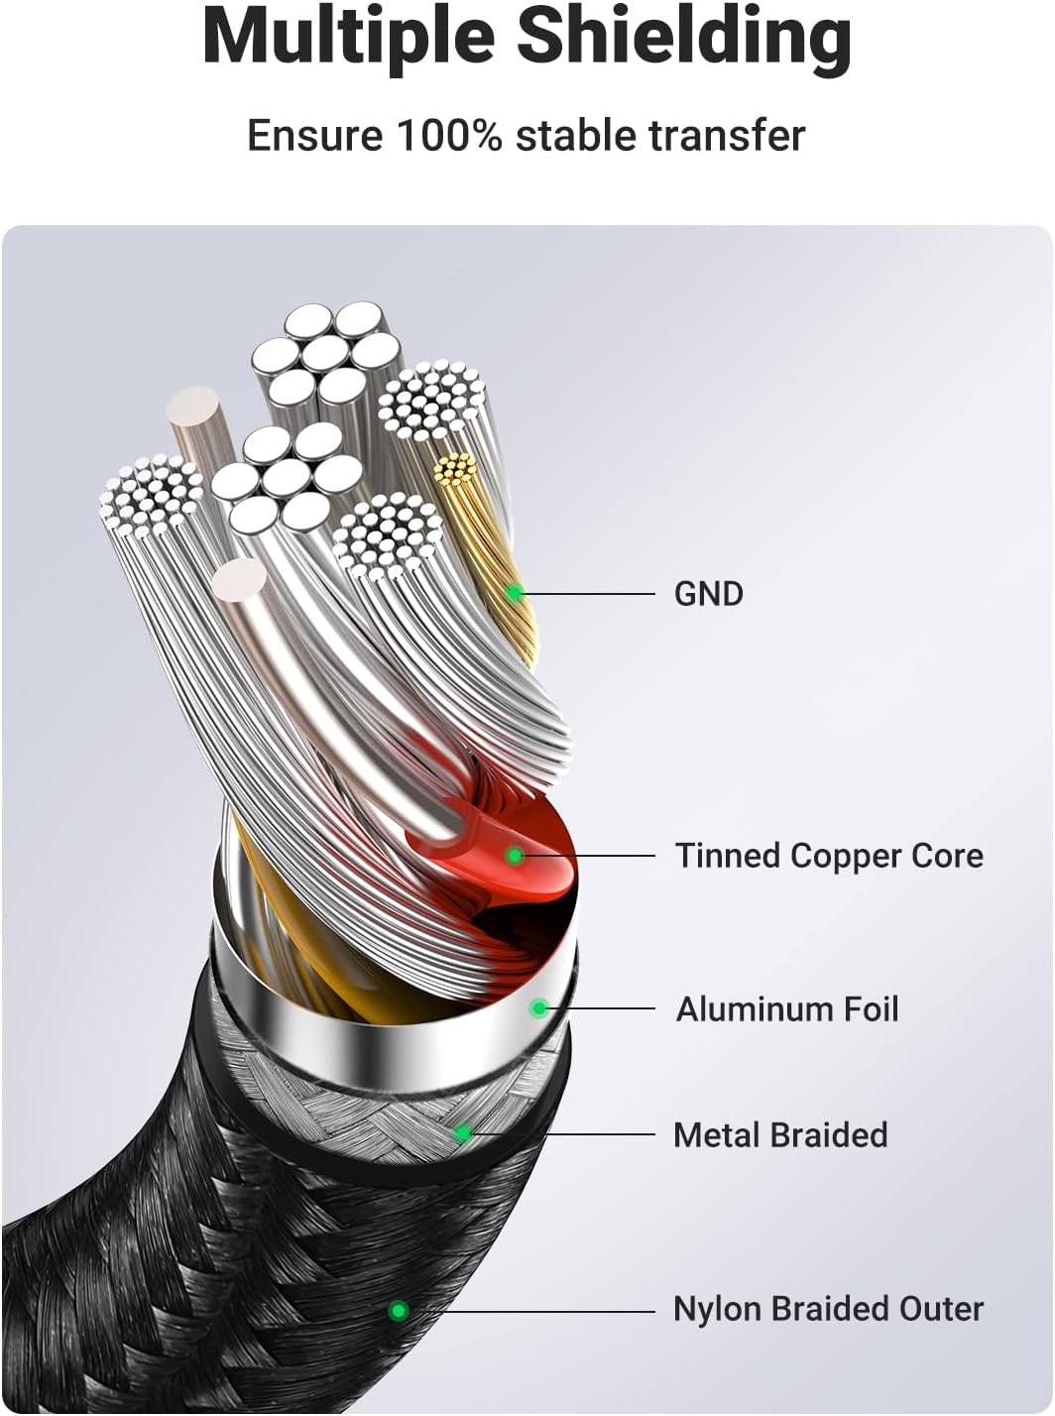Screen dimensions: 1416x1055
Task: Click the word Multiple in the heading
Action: point(348,37)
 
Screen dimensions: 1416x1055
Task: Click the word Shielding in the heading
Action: point(683,37)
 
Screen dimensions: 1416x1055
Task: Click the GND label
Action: point(708,594)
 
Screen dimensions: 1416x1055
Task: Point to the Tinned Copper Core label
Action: point(829,856)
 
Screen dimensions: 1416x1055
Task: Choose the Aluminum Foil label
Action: point(787,1009)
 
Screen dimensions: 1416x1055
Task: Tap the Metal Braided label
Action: point(780,1135)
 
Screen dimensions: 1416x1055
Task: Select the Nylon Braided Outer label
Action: point(828,1309)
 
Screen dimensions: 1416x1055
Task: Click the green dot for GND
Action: point(515,594)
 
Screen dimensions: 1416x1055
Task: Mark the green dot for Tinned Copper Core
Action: point(514,855)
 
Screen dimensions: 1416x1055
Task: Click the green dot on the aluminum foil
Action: point(539,1008)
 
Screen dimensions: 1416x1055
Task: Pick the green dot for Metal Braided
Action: point(462,1133)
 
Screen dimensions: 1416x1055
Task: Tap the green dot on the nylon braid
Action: point(399,1311)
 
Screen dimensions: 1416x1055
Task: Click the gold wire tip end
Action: point(456,469)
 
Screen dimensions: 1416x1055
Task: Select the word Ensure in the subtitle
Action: point(314,136)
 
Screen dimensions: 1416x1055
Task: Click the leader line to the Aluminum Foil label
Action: point(600,1008)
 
